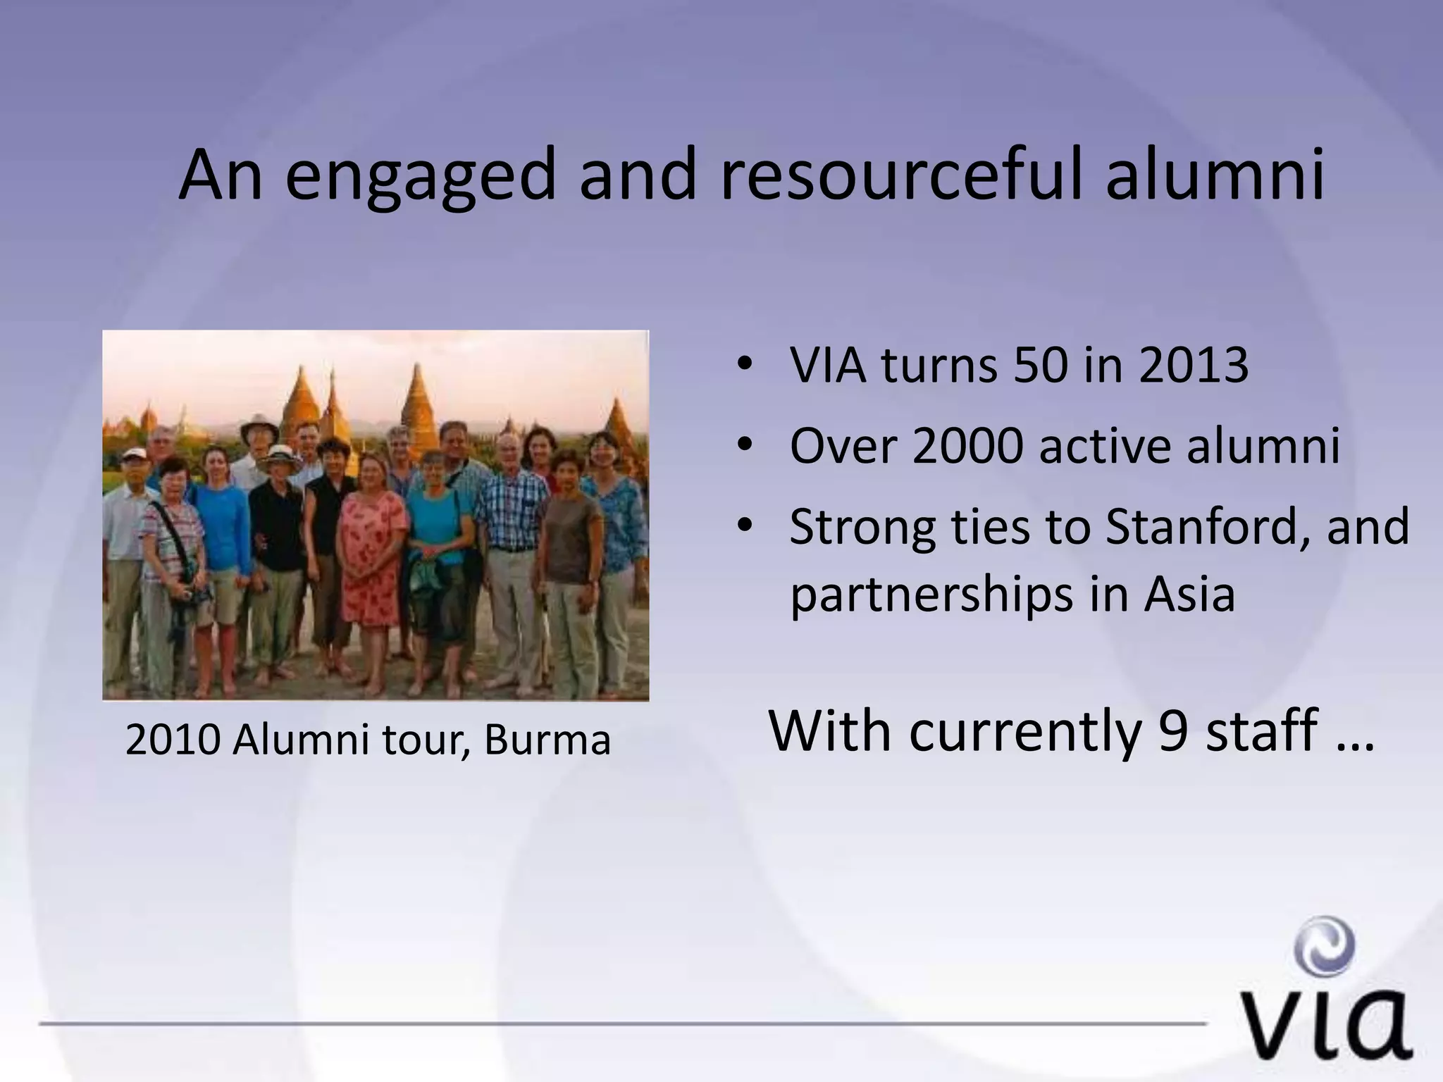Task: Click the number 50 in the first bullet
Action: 1039,366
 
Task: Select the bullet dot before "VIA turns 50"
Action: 744,366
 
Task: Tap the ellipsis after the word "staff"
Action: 1354,747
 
